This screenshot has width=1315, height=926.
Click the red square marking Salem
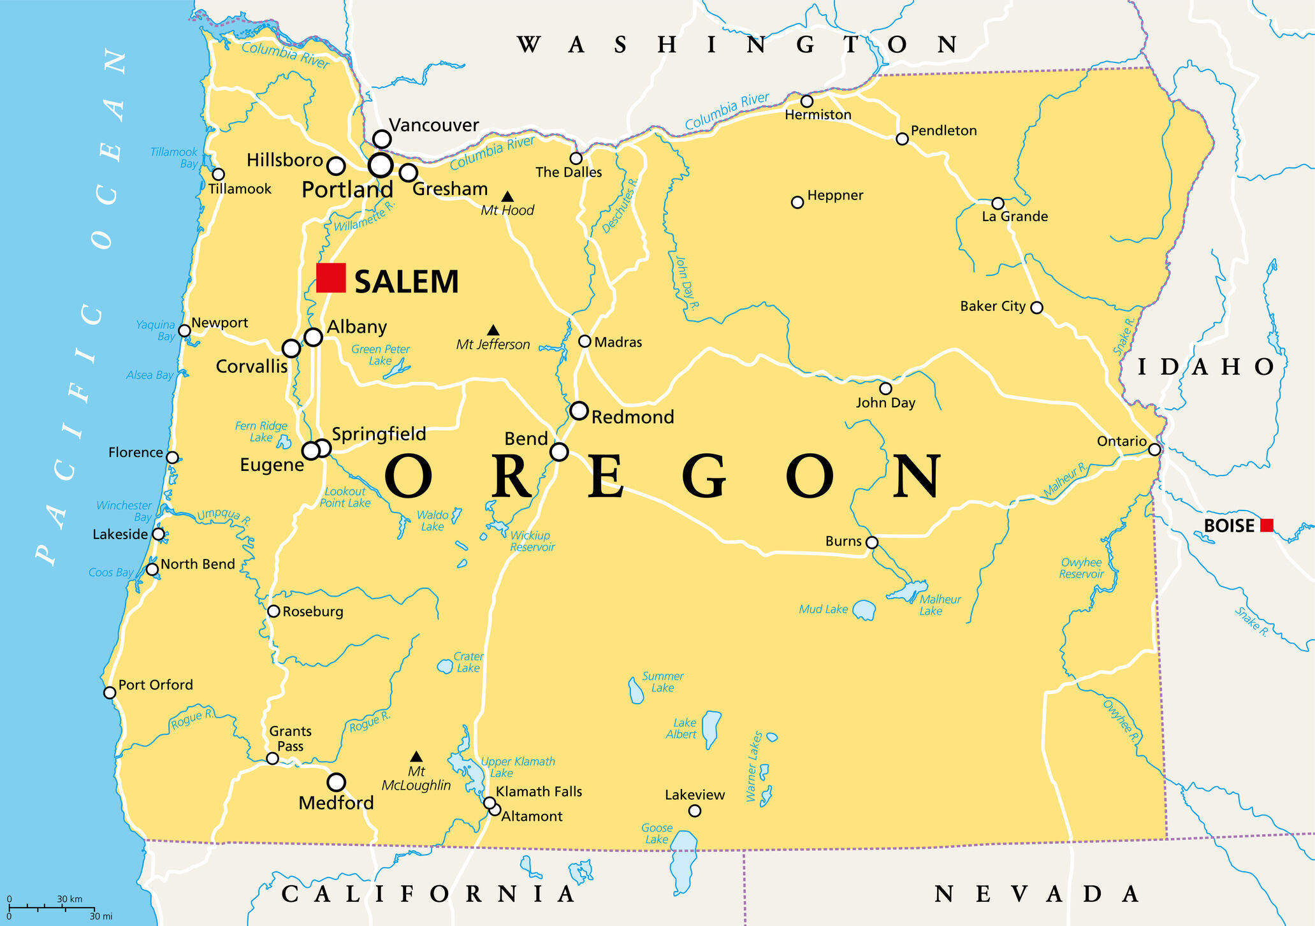(x=331, y=278)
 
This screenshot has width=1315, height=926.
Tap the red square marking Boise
(x=1267, y=525)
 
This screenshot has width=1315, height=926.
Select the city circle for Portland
(x=381, y=166)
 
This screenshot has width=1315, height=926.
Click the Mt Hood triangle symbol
(x=507, y=197)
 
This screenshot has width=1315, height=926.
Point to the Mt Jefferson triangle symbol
(x=493, y=330)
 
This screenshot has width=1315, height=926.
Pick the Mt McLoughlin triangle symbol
(x=416, y=756)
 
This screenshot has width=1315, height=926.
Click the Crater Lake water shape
(x=444, y=667)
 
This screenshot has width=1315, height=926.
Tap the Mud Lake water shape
(x=864, y=610)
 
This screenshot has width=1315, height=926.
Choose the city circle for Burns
(x=872, y=542)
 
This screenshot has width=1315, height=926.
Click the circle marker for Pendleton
(x=902, y=139)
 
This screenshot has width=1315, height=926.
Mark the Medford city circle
(x=336, y=782)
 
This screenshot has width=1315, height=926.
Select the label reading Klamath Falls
(x=539, y=792)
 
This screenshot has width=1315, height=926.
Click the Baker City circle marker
(x=1036, y=308)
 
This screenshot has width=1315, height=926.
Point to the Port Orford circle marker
(x=110, y=693)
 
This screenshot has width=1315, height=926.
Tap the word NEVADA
(x=1036, y=894)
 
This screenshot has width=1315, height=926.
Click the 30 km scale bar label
(x=69, y=899)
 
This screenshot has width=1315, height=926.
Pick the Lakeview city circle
(x=695, y=811)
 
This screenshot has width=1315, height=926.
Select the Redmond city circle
(x=579, y=410)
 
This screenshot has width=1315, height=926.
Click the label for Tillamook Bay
(x=175, y=157)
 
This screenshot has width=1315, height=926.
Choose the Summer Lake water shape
(x=636, y=691)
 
